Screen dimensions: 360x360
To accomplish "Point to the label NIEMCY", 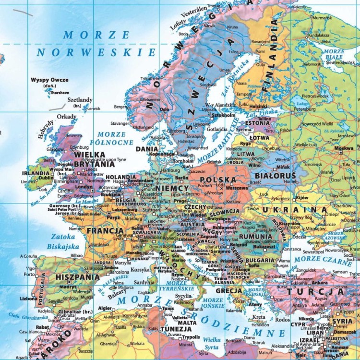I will (x=169, y=188).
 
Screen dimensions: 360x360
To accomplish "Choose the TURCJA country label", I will (x=315, y=291).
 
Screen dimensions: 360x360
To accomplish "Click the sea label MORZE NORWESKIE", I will (x=96, y=44).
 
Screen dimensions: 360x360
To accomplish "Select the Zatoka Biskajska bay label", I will (x=62, y=241).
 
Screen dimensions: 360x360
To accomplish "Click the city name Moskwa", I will (x=344, y=148).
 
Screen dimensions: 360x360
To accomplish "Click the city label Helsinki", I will (x=258, y=106).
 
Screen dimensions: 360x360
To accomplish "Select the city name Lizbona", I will (x=28, y=298).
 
